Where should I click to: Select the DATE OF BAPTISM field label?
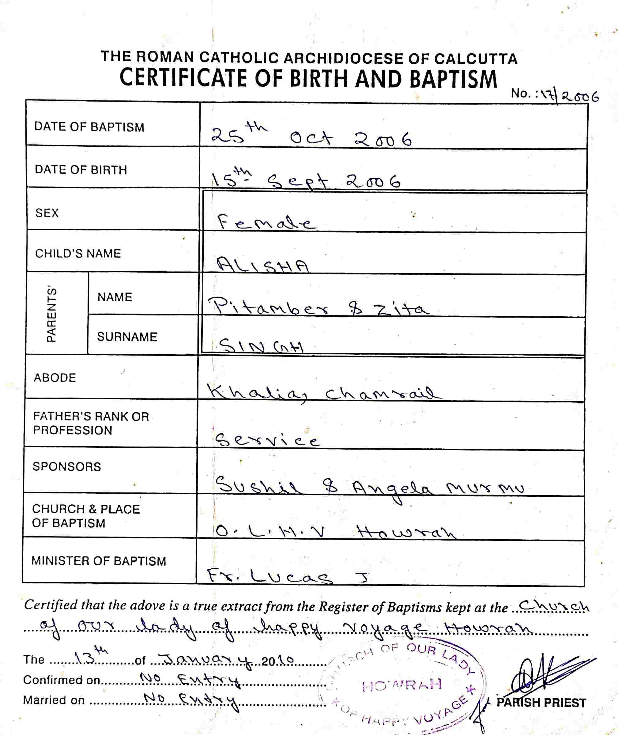coord(89,127)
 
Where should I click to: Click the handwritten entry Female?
coord(266,222)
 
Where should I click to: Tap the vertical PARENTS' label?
coord(51,314)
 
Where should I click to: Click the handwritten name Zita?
coord(401,309)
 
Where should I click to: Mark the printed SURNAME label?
coord(127,337)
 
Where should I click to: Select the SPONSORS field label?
coord(66,467)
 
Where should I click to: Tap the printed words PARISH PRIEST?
coord(541,703)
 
